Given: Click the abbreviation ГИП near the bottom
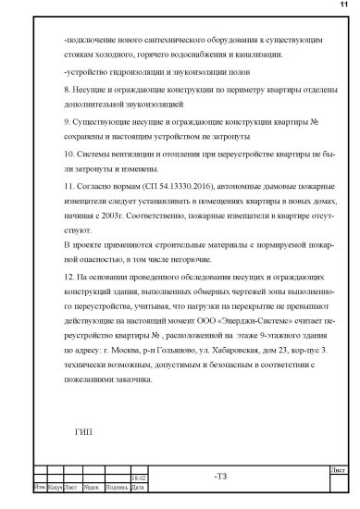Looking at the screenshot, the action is coord(81,430).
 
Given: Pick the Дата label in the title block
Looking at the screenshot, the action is coord(137,486).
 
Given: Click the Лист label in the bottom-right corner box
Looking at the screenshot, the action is coord(338,470).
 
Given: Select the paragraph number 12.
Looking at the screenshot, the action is coord(59,276).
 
